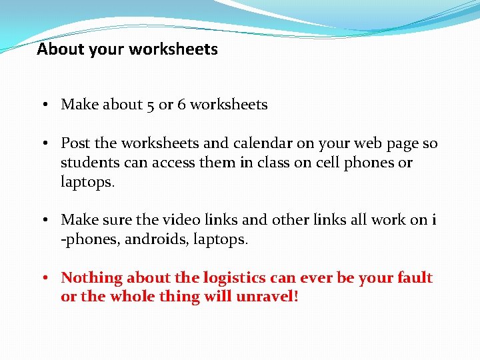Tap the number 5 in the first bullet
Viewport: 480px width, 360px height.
click(x=150, y=105)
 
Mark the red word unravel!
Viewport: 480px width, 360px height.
click(x=267, y=297)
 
